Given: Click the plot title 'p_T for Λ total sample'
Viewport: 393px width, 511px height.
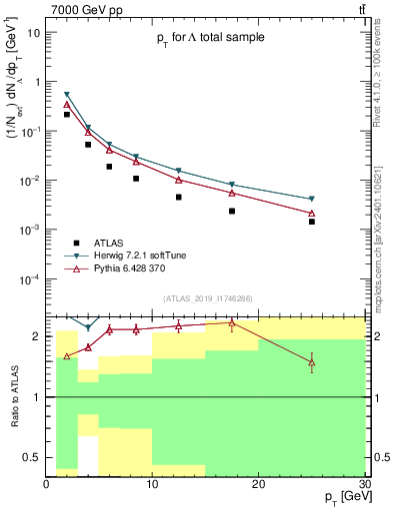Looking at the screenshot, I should coord(209,38).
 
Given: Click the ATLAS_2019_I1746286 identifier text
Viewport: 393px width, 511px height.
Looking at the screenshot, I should coord(209,298).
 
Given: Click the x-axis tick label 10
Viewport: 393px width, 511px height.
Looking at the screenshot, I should coord(152,484).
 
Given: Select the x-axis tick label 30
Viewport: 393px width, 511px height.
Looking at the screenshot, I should coord(364,484).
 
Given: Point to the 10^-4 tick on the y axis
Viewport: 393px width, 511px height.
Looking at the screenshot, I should coord(28,278).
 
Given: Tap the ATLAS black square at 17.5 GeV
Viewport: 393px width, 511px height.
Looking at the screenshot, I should coord(232,211).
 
